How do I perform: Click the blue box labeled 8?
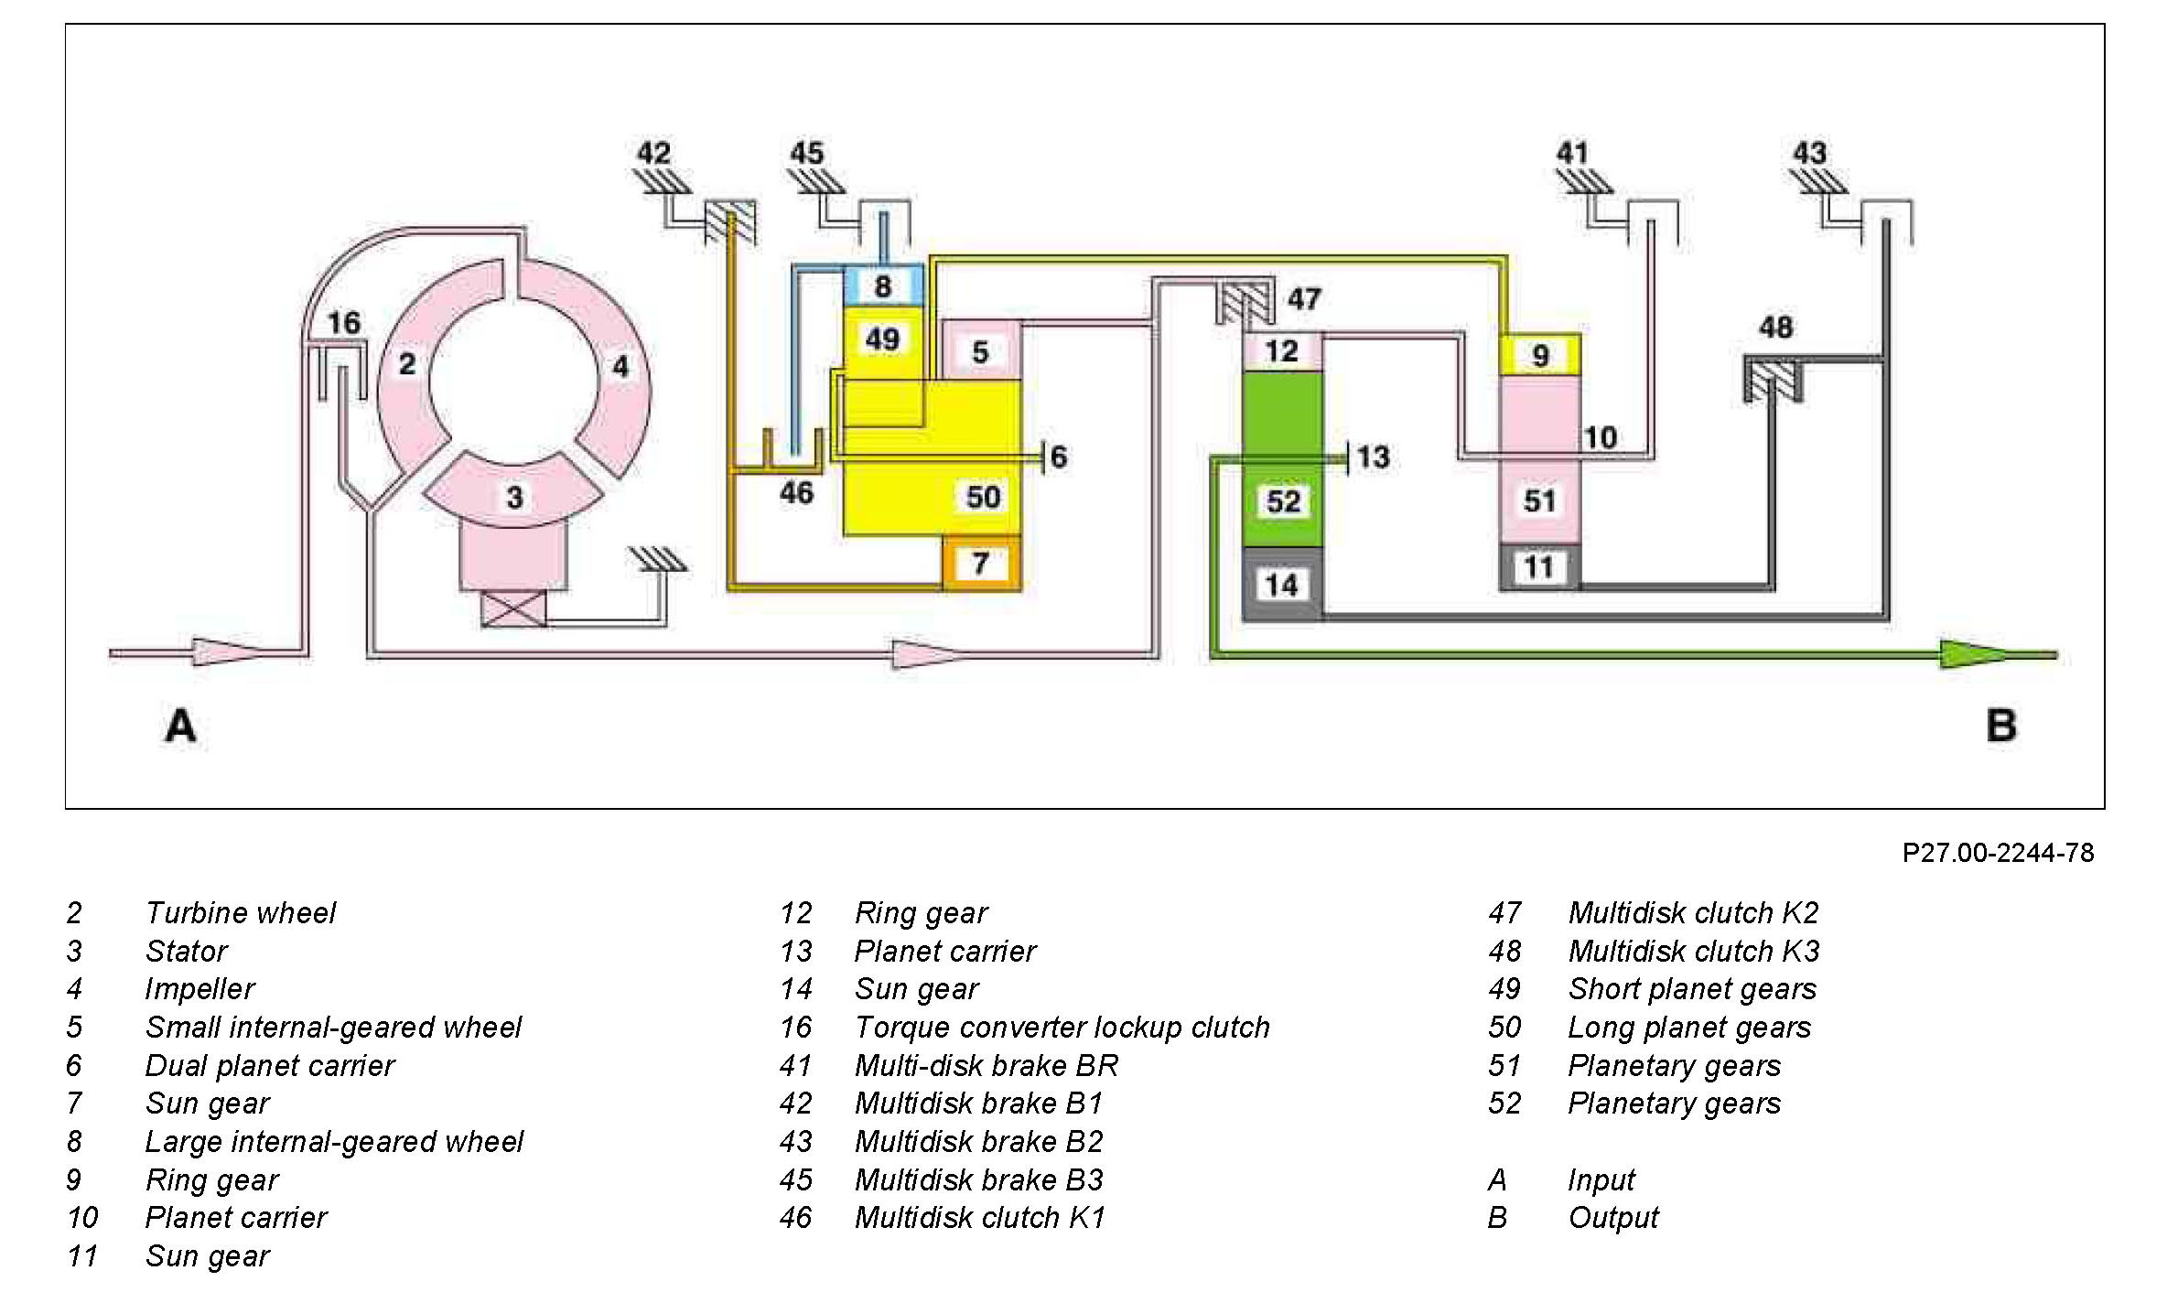pyautogui.click(x=882, y=285)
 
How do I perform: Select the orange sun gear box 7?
pyautogui.click(x=980, y=563)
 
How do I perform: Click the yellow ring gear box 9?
pyautogui.click(x=1540, y=355)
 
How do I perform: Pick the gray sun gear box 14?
pyautogui.click(x=1281, y=585)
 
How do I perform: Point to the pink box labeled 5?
pyautogui.click(x=980, y=351)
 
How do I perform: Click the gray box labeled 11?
pyautogui.click(x=1539, y=567)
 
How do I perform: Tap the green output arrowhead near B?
pyautogui.click(x=1972, y=654)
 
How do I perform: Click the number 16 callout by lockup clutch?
pyautogui.click(x=344, y=322)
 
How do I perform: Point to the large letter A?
pyautogui.click(x=180, y=726)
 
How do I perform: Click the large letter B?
pyautogui.click(x=2001, y=726)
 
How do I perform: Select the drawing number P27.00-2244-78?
pyautogui.click(x=1998, y=853)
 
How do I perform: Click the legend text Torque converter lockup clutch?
pyautogui.click(x=1062, y=1028)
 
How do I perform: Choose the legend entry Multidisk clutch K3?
pyautogui.click(x=1693, y=952)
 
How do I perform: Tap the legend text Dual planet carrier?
pyautogui.click(x=270, y=1066)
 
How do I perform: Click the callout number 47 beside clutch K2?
pyautogui.click(x=1304, y=298)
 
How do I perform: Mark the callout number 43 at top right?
pyautogui.click(x=1809, y=153)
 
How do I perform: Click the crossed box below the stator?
pyautogui.click(x=513, y=608)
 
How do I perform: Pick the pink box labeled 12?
pyautogui.click(x=1281, y=351)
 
